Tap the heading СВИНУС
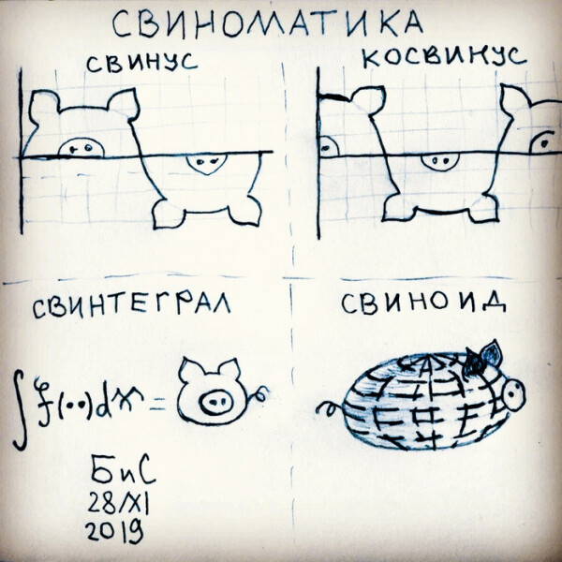(x=142, y=63)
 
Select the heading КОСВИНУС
(x=444, y=57)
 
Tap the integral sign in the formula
(x=20, y=409)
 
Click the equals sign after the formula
(x=157, y=406)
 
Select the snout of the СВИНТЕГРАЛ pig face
(x=214, y=401)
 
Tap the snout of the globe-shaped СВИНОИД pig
(x=514, y=394)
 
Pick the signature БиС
(x=123, y=470)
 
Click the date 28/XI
(x=118, y=502)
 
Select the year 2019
(x=114, y=531)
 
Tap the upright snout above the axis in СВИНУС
(x=81, y=148)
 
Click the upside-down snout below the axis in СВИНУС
(x=206, y=164)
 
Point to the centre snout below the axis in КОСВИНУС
(x=440, y=162)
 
